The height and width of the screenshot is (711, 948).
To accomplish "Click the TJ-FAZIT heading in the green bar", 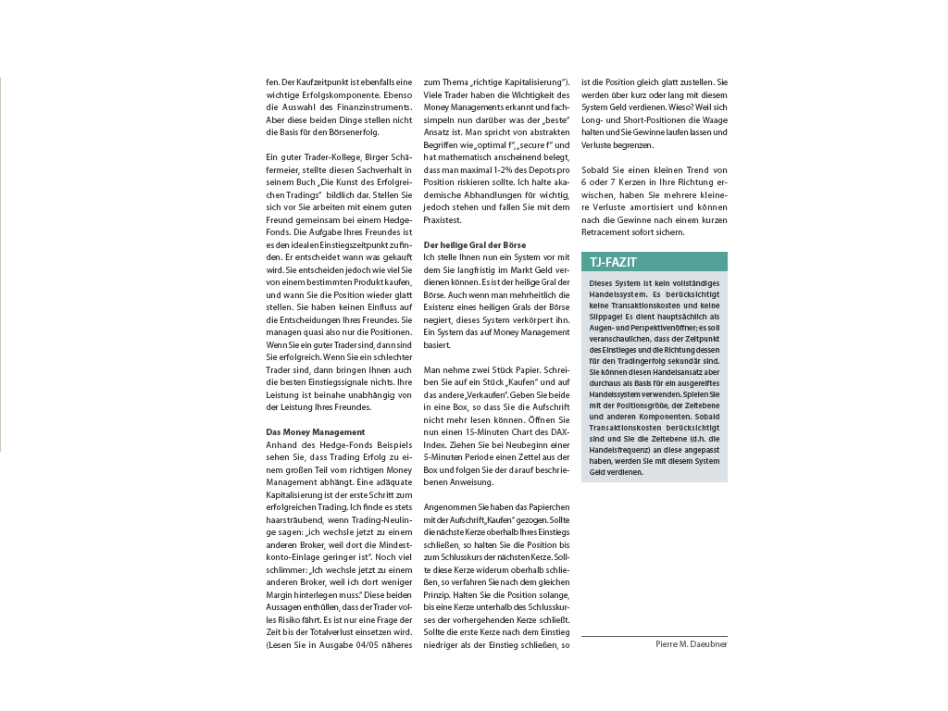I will tap(613, 262).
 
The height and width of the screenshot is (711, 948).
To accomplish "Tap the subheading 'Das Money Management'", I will tap(302, 432).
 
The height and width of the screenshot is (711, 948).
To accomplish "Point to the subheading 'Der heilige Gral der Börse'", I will tap(474, 244).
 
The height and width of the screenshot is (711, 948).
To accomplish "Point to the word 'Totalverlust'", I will tap(346, 631).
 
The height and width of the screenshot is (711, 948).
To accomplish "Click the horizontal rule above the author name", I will tap(654, 636).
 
